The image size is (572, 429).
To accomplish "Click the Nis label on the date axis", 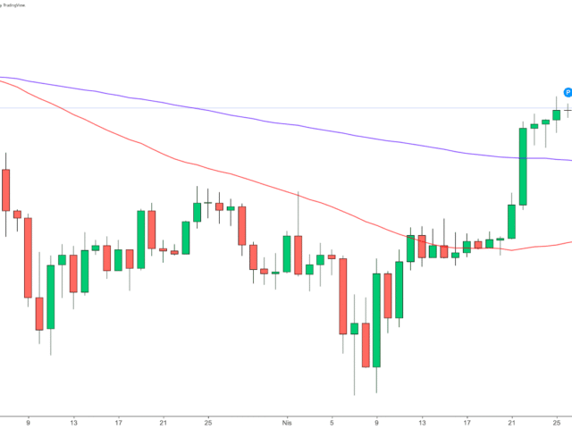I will coord(287,421).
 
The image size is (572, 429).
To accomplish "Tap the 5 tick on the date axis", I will coord(332,421).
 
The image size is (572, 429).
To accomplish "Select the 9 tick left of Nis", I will coord(29,421).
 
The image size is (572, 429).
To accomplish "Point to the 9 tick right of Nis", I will coord(377,421).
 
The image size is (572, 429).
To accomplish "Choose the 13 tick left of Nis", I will coord(73,421).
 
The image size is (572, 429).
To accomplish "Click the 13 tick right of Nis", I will coord(422,421).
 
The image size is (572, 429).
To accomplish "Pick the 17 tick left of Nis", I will coord(118,421).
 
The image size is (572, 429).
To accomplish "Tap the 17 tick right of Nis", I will coord(467,421).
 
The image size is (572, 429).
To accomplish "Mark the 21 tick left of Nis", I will coord(163,421).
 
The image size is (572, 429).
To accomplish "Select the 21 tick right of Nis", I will coord(511,421).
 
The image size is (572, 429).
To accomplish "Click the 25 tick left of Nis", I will coord(207,421).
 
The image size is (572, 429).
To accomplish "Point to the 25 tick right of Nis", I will coord(556,421).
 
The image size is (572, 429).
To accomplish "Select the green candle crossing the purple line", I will coord(523,166).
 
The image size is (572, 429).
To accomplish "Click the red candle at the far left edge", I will coord(5,189).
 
